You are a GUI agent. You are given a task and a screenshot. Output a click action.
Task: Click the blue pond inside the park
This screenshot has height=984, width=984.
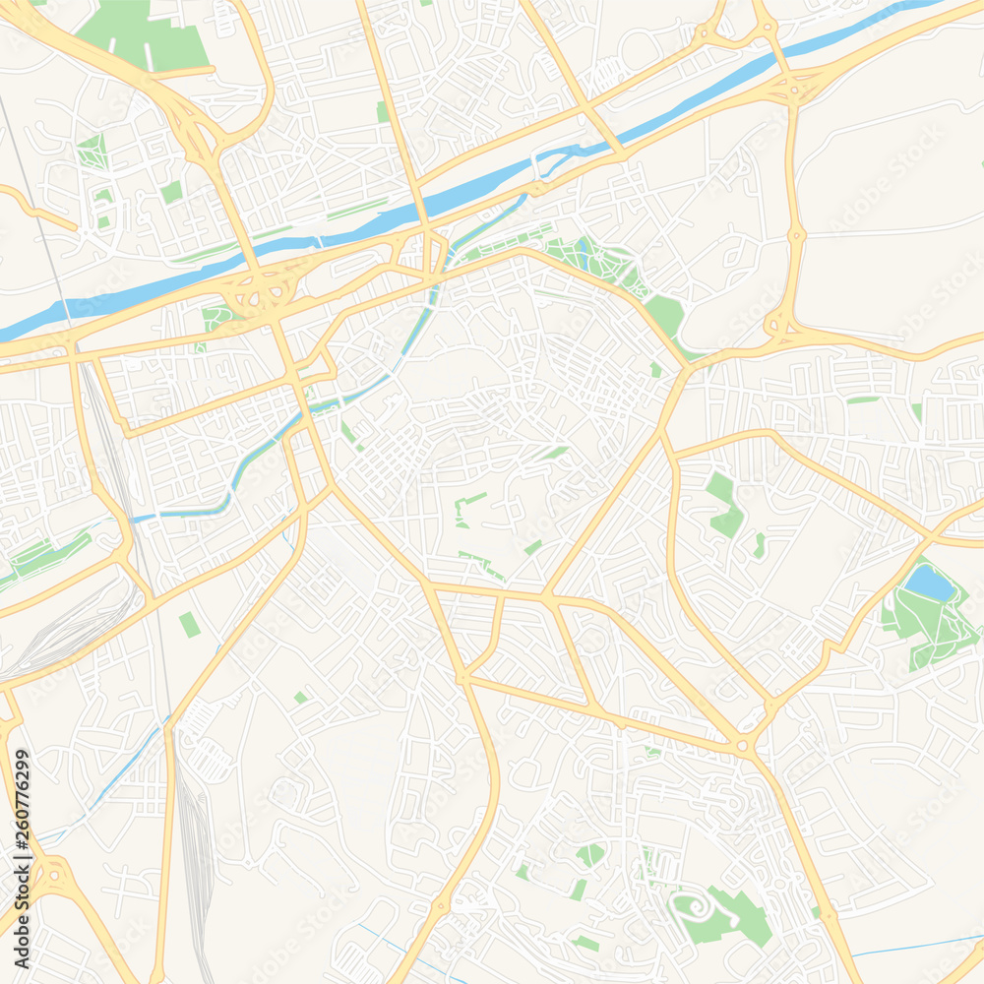(x=929, y=583)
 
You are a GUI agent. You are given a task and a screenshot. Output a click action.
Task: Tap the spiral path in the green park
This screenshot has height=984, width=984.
(x=694, y=904)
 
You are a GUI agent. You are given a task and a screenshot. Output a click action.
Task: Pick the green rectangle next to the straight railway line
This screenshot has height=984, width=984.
(x=189, y=624)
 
